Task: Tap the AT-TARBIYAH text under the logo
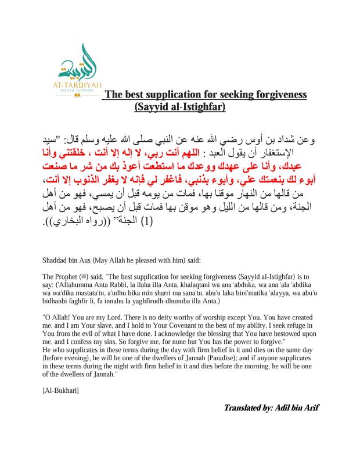pyautogui.click(x=80, y=84)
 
